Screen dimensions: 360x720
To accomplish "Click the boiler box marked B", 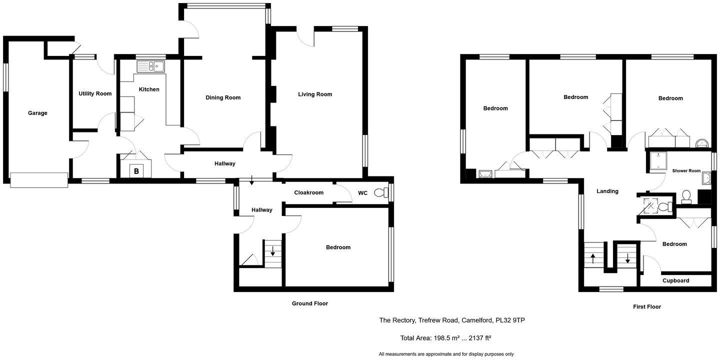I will point(136,171).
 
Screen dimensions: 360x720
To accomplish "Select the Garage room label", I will point(37,113).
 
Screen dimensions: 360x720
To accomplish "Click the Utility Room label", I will point(95,93).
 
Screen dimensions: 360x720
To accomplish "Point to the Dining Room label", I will point(223,97).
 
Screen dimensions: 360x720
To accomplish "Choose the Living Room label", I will point(315,94).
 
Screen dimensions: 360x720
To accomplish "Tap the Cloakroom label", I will point(308,192).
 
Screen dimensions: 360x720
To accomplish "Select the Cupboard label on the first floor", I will point(675,280).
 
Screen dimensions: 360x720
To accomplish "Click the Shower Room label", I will point(686,171).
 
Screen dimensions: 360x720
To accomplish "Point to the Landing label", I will point(607,191).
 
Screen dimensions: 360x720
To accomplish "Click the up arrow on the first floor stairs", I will point(593,258).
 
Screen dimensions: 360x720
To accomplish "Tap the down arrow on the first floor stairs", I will point(627,258).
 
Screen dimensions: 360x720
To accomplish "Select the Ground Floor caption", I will point(310,303).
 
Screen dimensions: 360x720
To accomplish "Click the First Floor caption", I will point(646,306).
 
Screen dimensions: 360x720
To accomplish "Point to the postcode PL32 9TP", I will point(509,320).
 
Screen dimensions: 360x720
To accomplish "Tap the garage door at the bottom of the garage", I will point(39,180).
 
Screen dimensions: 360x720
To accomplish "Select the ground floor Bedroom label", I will point(338,247).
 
